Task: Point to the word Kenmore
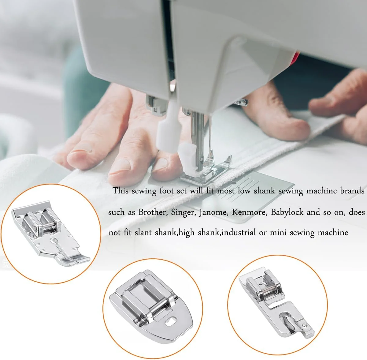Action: [x=248, y=212]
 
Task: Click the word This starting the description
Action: [x=120, y=191]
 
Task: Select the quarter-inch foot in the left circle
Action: [x=50, y=233]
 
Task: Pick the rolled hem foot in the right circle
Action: [x=276, y=302]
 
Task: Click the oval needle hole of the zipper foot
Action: [x=171, y=321]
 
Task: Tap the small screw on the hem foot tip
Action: [x=305, y=325]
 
